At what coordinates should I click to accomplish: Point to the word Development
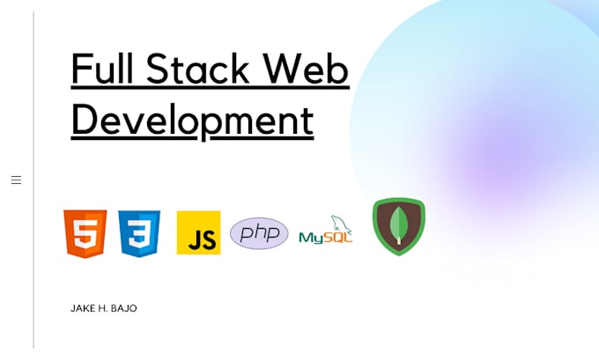pyautogui.click(x=192, y=120)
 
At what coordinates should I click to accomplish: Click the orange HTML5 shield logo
pyautogui.click(x=85, y=233)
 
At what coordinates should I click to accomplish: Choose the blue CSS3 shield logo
pyautogui.click(x=139, y=233)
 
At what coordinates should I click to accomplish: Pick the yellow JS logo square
pyautogui.click(x=198, y=233)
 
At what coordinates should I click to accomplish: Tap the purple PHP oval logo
pyautogui.click(x=259, y=233)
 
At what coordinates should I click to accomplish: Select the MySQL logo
pyautogui.click(x=325, y=232)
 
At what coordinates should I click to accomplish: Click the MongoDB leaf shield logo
pyautogui.click(x=398, y=227)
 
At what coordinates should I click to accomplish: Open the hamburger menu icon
pyautogui.click(x=16, y=180)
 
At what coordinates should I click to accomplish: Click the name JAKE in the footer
pyautogui.click(x=82, y=309)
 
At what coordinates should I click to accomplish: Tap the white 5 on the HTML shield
pyautogui.click(x=85, y=235)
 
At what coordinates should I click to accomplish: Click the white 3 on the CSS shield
pyautogui.click(x=139, y=235)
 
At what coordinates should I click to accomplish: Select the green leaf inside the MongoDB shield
pyautogui.click(x=398, y=225)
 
